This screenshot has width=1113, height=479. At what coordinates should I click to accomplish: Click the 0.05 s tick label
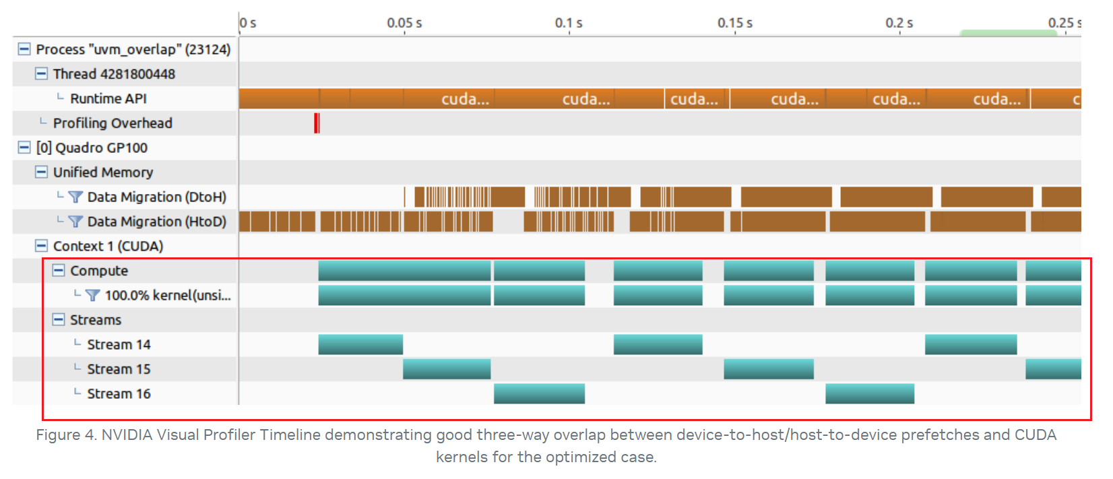tap(404, 23)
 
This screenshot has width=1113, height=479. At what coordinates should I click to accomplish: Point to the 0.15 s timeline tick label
tap(735, 23)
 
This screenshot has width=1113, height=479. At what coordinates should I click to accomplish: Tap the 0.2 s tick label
tap(899, 23)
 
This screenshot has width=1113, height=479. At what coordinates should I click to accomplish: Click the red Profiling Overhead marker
tap(317, 123)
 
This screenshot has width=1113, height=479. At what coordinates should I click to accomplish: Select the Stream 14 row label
tap(119, 344)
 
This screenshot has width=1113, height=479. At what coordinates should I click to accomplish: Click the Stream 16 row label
tap(119, 393)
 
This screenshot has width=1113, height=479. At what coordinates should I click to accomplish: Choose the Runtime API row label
tap(108, 98)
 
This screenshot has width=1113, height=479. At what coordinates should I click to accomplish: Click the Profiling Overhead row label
tap(113, 123)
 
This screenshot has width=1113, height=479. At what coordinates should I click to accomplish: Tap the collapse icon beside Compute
tap(59, 270)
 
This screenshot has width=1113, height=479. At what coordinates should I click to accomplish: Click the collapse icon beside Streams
tap(59, 319)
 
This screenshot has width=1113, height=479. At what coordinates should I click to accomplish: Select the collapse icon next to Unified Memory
tap(41, 172)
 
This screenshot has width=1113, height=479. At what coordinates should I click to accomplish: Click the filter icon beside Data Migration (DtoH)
tap(75, 197)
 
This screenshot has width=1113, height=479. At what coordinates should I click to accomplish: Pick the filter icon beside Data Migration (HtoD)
tap(75, 221)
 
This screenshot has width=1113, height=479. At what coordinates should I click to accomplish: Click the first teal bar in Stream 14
tap(360, 344)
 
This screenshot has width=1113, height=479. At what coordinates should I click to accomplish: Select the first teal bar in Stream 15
tap(447, 369)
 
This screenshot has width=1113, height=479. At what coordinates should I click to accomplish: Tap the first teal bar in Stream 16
tap(539, 393)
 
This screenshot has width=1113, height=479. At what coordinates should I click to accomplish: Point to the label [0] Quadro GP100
tap(92, 148)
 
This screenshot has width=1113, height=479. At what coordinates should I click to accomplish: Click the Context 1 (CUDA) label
tap(108, 246)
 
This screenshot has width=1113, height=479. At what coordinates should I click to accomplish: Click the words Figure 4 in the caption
tap(65, 435)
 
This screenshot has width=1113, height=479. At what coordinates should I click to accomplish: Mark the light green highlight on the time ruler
tap(1008, 33)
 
